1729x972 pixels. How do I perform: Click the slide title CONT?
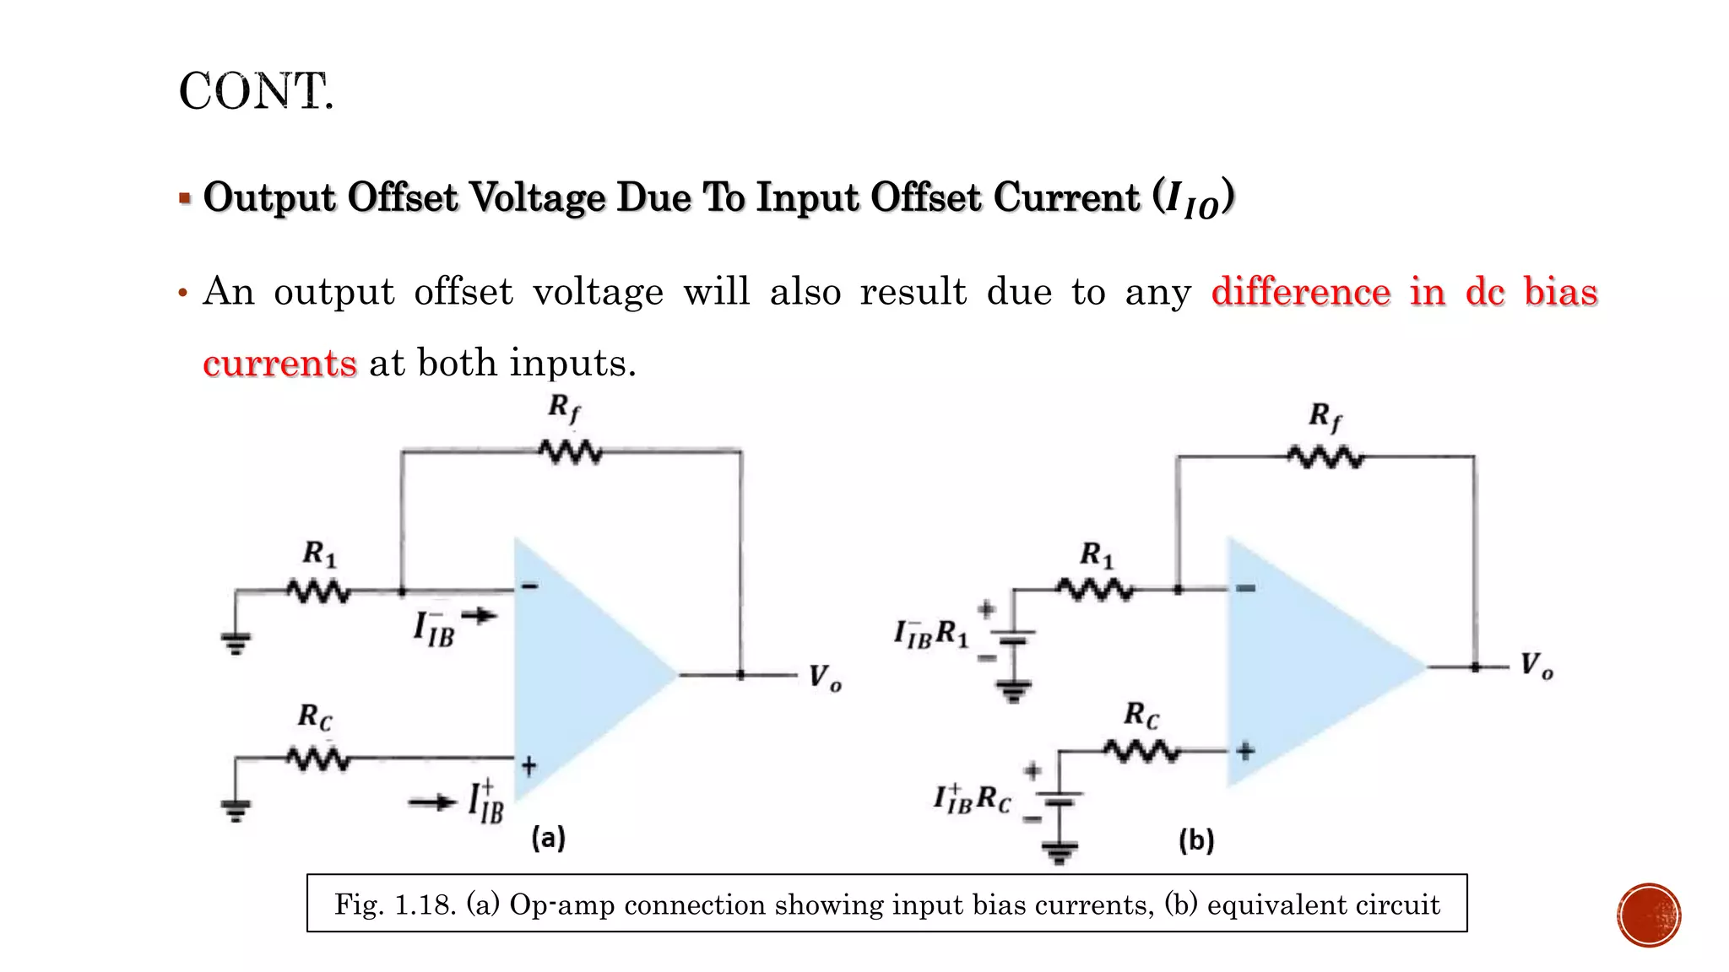256,91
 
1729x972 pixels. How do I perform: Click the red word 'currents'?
279,364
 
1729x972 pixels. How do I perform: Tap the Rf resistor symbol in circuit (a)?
571,452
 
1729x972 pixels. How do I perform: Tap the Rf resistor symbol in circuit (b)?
1325,457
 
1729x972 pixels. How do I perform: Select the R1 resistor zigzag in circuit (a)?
318,591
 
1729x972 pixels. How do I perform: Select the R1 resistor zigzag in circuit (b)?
1096,589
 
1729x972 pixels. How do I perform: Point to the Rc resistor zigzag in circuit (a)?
318,759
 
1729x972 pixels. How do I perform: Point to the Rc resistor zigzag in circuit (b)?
1141,750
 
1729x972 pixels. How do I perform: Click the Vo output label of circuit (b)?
1537,666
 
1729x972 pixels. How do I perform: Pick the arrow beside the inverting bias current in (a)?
479,616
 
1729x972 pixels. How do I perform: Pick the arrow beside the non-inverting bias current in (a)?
432,802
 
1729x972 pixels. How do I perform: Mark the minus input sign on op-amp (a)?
529,586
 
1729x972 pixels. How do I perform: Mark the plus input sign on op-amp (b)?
1245,750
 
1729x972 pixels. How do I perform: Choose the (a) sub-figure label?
548,838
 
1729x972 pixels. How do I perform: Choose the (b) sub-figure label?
1196,840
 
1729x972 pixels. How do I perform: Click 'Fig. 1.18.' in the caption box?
395,904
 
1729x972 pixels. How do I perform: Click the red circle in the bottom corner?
1649,915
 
